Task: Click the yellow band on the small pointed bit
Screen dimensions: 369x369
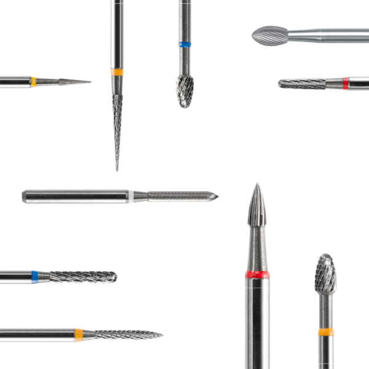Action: [x=33, y=81]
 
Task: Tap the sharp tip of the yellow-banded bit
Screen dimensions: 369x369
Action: [x=91, y=81]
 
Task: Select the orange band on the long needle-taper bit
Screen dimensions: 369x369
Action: [x=117, y=72]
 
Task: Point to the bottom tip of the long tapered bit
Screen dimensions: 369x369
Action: [x=117, y=170]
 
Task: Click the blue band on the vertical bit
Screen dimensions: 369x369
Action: [x=184, y=45]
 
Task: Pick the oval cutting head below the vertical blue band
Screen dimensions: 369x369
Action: [x=184, y=91]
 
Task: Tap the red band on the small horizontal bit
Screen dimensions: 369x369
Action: [x=346, y=82]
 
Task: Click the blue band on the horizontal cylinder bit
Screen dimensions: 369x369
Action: [x=35, y=277]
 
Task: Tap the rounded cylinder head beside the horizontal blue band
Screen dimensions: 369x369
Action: [x=83, y=277]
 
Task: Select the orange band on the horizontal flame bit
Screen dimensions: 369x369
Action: [x=79, y=335]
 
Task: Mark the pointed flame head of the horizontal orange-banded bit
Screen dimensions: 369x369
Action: [x=123, y=335]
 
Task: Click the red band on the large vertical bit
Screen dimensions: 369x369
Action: [x=256, y=274]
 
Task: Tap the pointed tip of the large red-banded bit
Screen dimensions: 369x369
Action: [x=256, y=183]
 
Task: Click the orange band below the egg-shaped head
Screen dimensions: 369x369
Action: [x=326, y=332]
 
